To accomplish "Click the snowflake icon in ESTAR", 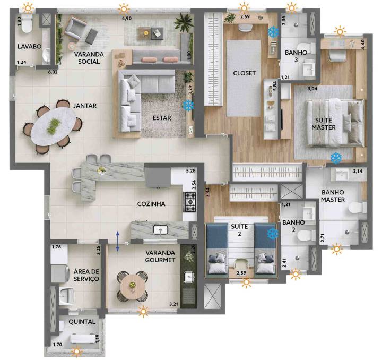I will tap(188, 105).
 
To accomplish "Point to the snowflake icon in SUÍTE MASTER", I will tap(335, 158).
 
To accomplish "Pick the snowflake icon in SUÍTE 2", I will tap(273, 234).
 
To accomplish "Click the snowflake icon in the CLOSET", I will tap(273, 32).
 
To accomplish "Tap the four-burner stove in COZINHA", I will tap(190, 200).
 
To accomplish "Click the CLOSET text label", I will tap(245, 73).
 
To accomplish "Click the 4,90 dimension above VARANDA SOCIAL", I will tap(127, 18).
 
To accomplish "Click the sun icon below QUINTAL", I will tap(77, 350).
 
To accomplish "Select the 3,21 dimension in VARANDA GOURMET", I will tap(173, 304).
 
